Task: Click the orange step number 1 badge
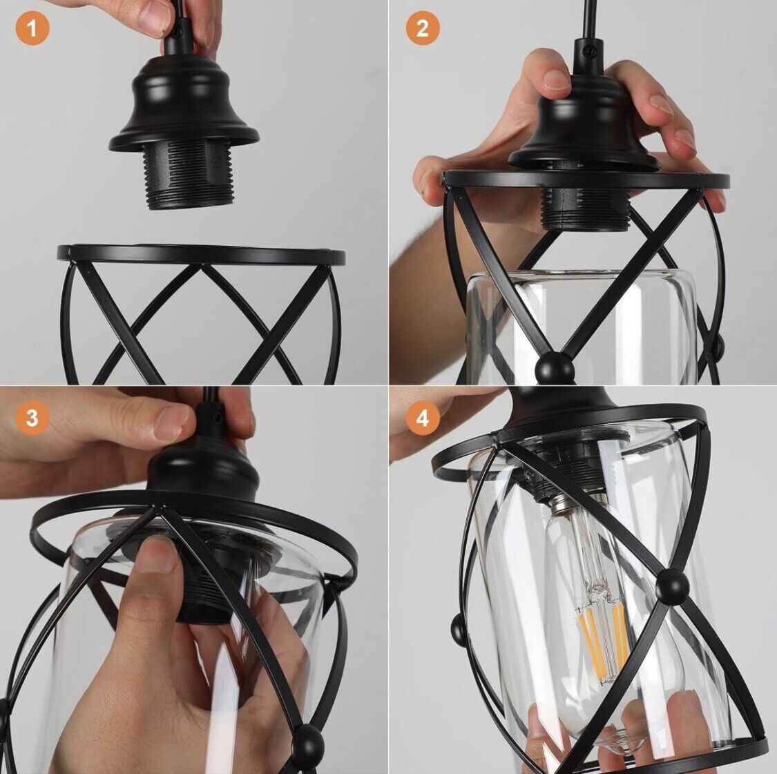(32, 29)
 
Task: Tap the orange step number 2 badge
(422, 29)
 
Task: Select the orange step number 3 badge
(32, 418)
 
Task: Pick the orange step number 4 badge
(422, 418)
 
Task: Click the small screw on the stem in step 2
(589, 50)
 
